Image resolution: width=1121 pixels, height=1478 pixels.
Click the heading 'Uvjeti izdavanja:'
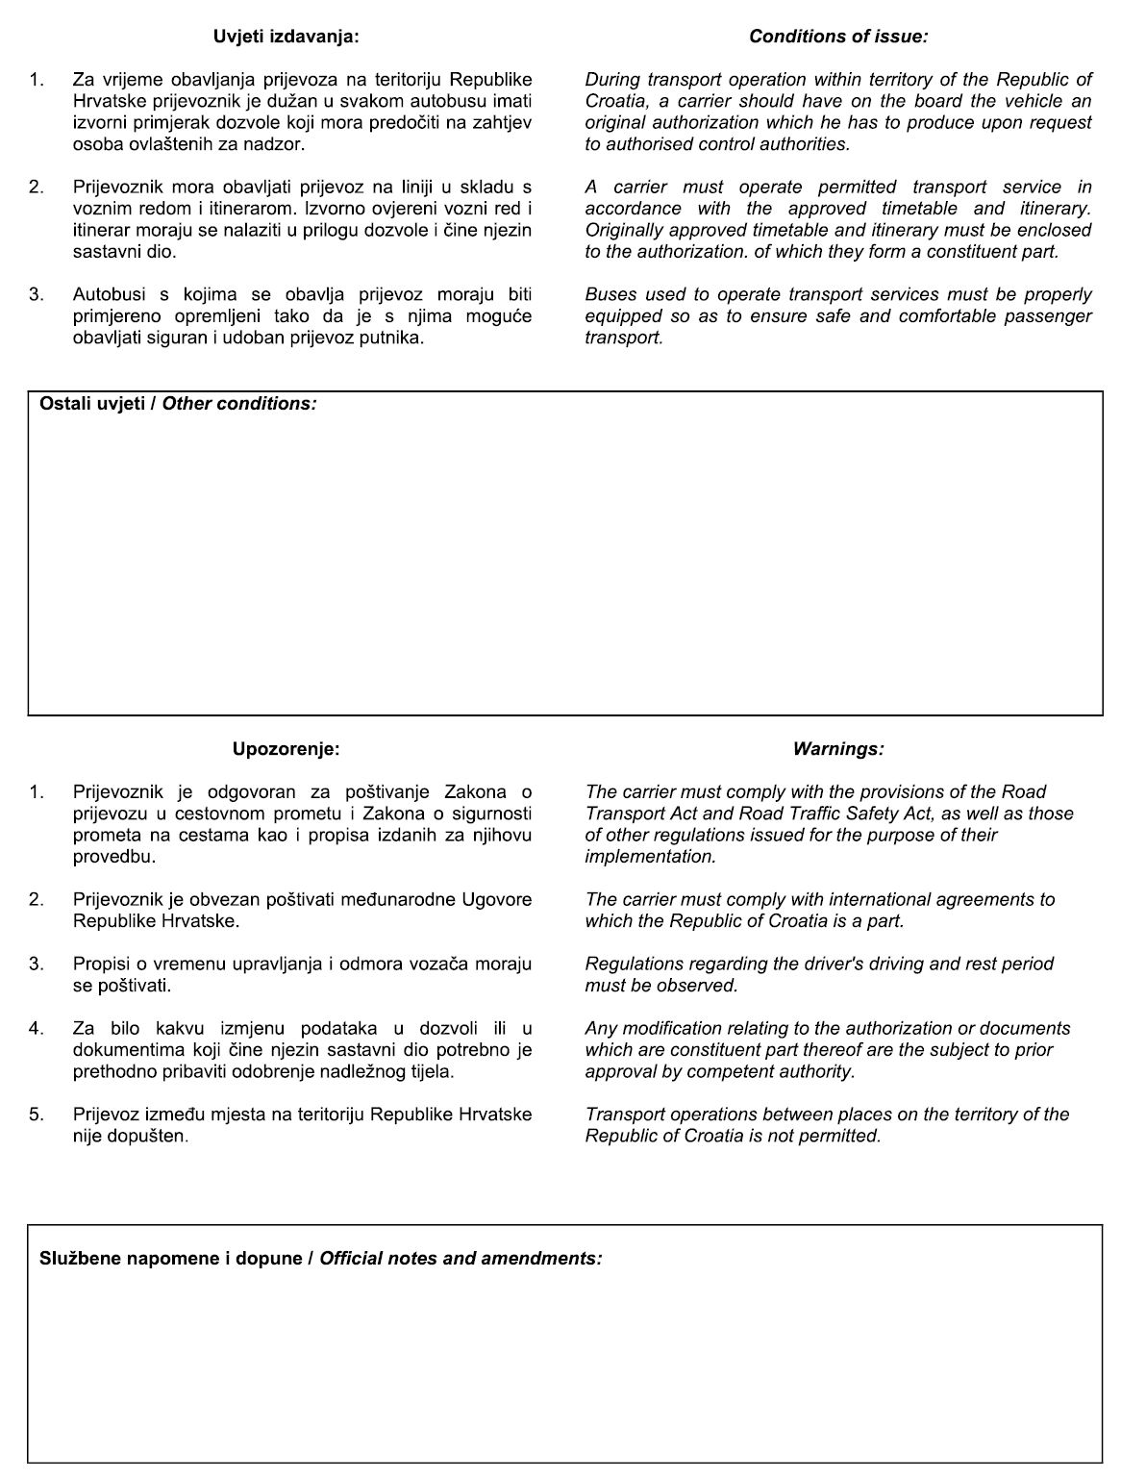click(285, 37)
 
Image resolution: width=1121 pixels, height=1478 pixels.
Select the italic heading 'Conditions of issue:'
click(838, 37)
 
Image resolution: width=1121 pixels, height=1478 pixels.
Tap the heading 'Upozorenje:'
click(286, 749)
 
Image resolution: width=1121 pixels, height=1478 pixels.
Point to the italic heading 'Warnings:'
click(838, 749)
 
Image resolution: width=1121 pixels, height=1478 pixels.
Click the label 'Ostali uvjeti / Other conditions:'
click(178, 404)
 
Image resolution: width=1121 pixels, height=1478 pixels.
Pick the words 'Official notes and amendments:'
click(461, 1258)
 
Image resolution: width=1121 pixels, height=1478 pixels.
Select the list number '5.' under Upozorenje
click(37, 1115)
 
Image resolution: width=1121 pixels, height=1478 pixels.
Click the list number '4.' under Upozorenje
click(37, 1029)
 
